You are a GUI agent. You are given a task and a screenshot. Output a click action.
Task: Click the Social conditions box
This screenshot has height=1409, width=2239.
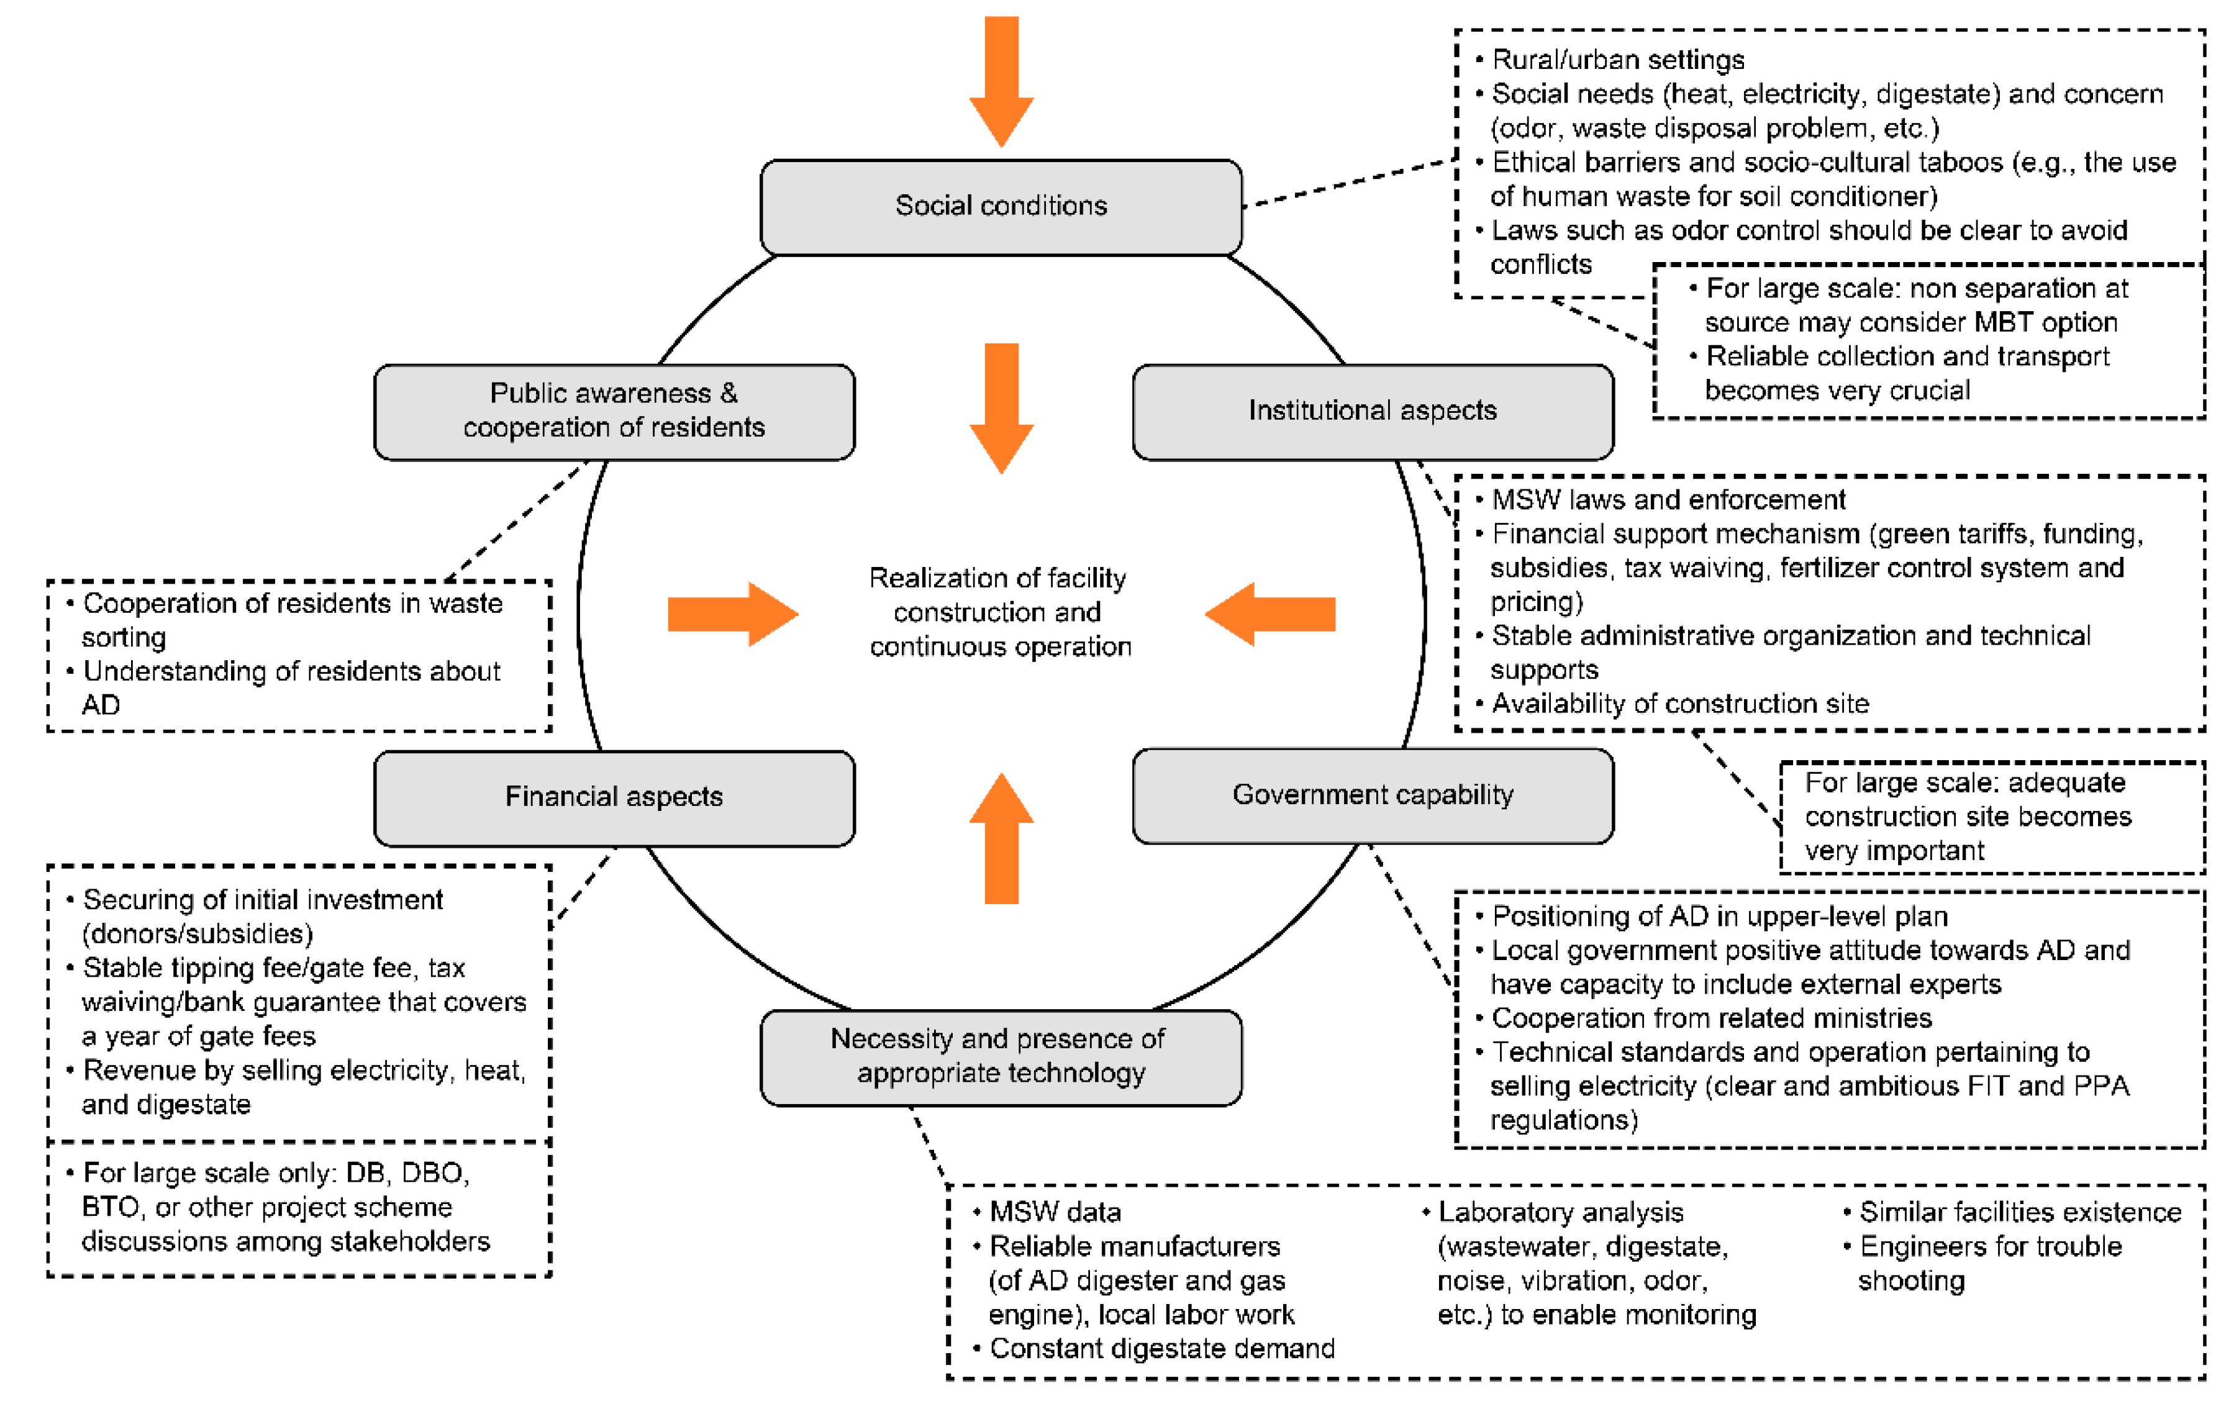pos(1001,206)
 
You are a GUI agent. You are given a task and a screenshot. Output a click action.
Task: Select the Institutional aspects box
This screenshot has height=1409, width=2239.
pos(1373,412)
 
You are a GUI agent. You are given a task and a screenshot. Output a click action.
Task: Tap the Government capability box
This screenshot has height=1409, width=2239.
pos(1373,795)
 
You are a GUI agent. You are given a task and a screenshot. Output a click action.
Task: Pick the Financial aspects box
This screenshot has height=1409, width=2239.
pos(614,797)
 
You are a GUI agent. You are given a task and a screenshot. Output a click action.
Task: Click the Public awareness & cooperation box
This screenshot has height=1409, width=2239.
pos(614,412)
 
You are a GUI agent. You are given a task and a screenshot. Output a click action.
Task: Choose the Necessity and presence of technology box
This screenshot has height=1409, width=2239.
pos(1001,1057)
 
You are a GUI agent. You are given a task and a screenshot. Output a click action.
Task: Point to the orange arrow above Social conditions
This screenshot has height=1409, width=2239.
pos(1001,82)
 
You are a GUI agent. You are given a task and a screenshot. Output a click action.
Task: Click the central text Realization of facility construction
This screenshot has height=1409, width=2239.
pos(999,612)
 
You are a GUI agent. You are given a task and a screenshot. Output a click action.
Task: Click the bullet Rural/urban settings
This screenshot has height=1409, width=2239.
pos(1618,60)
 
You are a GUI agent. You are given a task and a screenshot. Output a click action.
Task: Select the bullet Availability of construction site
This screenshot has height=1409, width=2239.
pos(1679,704)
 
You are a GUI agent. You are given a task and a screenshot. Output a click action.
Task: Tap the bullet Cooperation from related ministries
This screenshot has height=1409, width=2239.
pos(1711,1018)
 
